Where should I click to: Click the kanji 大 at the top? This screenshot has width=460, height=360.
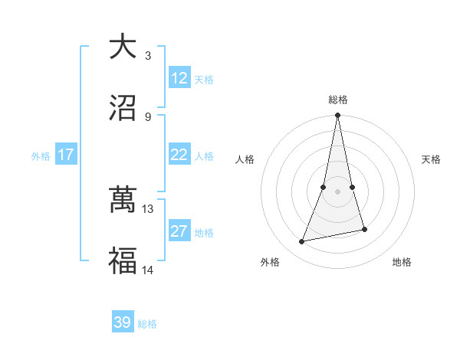click(123, 47)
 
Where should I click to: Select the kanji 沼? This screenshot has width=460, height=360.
click(123, 108)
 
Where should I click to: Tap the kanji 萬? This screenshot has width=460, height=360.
click(123, 201)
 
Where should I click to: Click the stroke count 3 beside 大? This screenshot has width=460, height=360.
click(148, 55)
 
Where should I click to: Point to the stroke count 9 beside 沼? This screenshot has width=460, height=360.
click(148, 116)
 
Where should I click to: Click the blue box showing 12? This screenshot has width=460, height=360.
click(179, 78)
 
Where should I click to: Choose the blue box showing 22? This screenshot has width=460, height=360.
click(179, 155)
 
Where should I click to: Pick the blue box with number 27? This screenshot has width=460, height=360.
click(179, 231)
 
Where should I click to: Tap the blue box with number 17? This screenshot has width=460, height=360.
click(66, 155)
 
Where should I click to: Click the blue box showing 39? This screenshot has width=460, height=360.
click(123, 322)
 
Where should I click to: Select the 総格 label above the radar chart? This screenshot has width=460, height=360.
click(338, 100)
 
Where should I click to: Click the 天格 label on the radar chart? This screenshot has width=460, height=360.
click(431, 159)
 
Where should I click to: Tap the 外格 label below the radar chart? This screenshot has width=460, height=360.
click(269, 262)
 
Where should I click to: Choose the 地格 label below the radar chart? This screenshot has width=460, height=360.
click(402, 262)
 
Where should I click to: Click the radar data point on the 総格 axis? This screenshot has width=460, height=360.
click(338, 116)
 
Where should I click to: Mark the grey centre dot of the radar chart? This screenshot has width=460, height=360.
click(338, 191)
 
